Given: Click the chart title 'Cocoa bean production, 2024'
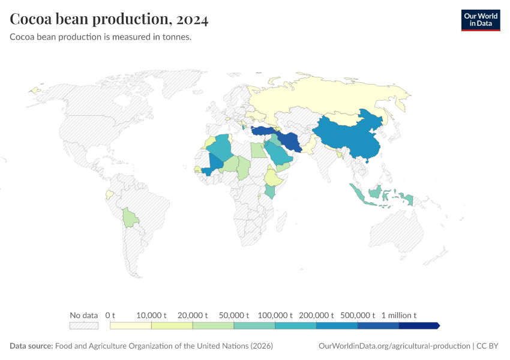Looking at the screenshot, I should click(x=109, y=20).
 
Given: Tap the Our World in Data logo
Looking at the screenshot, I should click(x=480, y=20).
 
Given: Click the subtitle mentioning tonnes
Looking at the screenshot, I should click(x=101, y=37).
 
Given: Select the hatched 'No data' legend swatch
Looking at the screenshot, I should click(x=83, y=325).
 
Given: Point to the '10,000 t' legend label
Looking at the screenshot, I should click(x=151, y=315).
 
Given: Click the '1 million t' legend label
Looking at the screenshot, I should click(x=398, y=315).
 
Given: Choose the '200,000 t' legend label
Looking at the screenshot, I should click(x=316, y=315).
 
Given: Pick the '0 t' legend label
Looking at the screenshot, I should click(x=110, y=315).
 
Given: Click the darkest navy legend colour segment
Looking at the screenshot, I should click(x=418, y=325).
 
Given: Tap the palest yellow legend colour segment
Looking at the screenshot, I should click(x=130, y=325).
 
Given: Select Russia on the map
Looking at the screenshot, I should click(x=336, y=96).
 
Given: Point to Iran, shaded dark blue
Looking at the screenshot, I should click(x=289, y=142).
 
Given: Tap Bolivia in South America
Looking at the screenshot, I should click(x=130, y=217).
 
